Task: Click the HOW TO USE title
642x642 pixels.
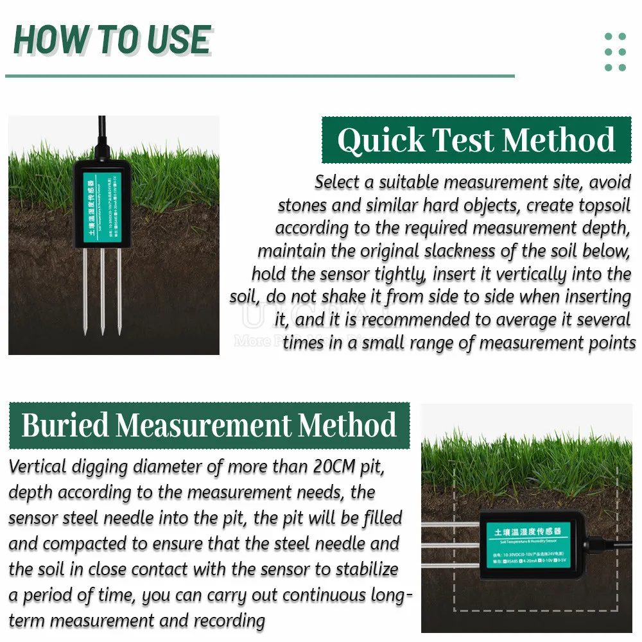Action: pos(112,40)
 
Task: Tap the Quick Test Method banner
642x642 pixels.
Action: pos(476,140)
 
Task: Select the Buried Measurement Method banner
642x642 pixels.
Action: pos(209,426)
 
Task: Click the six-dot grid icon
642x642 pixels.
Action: pos(615,52)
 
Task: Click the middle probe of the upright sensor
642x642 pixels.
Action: pos(102,289)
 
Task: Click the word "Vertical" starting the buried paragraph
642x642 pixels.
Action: pos(37,467)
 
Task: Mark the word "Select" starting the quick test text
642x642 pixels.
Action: pos(337,182)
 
